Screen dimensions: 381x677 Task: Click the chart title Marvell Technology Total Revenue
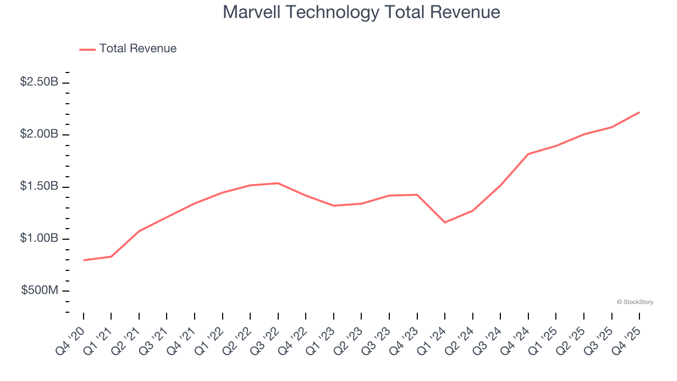point(361,12)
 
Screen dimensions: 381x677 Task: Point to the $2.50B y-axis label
point(39,82)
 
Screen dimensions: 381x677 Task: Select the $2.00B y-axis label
point(39,134)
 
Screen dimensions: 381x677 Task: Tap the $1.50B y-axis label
point(39,186)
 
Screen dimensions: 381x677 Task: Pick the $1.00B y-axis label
point(39,238)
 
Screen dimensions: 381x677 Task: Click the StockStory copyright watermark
point(635,302)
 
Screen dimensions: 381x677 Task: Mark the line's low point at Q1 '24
point(445,222)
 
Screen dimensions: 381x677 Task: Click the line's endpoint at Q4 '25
point(639,112)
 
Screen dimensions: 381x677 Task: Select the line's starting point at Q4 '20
point(84,260)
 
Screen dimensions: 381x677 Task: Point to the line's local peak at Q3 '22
point(278,183)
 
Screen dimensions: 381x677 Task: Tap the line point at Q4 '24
point(528,154)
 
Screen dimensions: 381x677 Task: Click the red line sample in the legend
point(87,49)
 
